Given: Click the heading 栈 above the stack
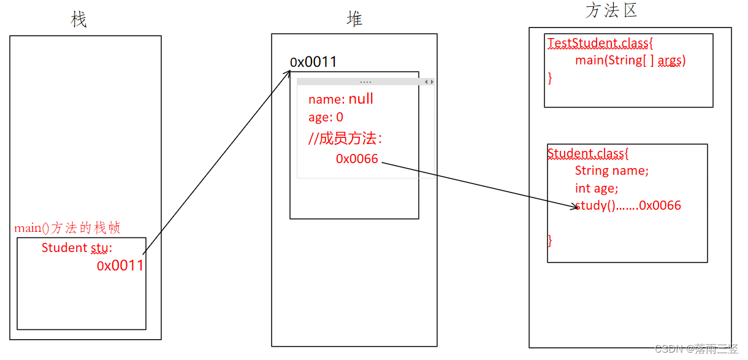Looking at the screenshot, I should [78, 20].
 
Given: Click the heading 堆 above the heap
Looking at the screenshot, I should [354, 19].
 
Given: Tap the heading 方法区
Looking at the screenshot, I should [611, 10].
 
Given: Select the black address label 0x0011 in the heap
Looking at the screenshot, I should [313, 62].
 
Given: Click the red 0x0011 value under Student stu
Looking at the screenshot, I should [120, 266].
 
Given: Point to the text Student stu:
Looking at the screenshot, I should [77, 248].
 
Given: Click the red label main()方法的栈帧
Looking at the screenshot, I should [67, 228].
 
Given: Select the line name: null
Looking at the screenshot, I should [340, 99].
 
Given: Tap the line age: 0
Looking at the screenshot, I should [326, 117].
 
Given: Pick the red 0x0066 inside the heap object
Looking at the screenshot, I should [357, 159].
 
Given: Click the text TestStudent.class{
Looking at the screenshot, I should [601, 44].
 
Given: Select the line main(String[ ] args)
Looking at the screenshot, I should [630, 61].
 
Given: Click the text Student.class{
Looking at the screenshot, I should [588, 153].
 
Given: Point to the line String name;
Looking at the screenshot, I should [611, 170].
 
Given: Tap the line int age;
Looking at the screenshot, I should [597, 188].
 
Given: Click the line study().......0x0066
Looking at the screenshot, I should [628, 205].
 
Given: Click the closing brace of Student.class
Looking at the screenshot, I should [550, 240].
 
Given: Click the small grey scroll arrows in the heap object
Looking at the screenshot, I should [429, 82].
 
